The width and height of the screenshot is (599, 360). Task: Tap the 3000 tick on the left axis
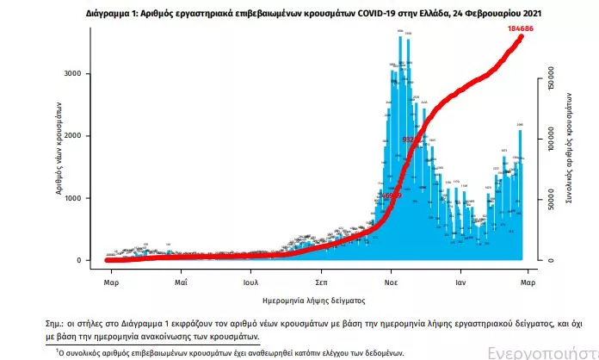74,75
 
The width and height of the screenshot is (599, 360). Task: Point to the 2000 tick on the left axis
74,137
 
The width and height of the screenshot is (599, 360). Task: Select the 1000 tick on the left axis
74,199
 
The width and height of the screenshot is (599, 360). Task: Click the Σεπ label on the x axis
320,282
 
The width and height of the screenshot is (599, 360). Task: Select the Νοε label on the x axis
390,282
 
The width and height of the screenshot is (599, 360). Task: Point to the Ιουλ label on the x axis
251,282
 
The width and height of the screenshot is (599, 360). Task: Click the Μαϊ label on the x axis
181,282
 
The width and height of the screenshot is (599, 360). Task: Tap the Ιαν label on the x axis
460,282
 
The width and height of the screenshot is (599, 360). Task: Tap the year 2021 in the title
532,16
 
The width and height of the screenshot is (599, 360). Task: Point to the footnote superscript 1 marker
59,351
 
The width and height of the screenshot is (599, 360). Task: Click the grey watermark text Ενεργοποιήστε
542,353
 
